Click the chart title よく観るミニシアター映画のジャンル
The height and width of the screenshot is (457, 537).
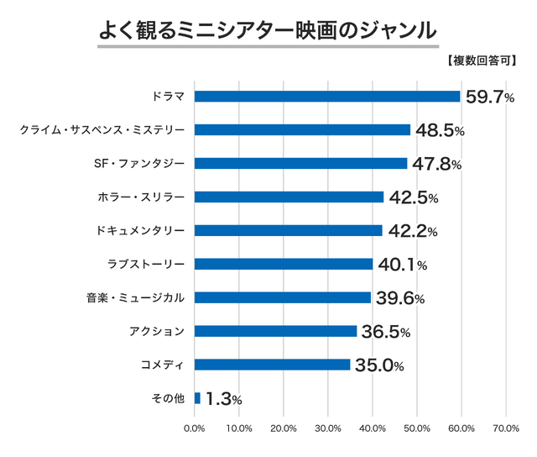268,30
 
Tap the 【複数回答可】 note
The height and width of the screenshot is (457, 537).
482,61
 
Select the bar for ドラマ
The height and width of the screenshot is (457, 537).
327,97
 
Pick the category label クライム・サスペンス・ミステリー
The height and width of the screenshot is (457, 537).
102,130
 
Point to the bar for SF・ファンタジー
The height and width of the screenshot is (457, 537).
300,164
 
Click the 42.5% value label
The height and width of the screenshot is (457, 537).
412,198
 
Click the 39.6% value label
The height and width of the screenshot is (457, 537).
400,299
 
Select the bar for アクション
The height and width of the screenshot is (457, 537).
275,331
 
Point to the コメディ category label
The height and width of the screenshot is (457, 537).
164,365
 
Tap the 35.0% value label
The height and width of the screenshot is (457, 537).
379,365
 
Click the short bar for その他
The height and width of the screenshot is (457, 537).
197,398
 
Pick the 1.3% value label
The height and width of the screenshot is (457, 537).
223,400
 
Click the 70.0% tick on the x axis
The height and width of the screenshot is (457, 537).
506,429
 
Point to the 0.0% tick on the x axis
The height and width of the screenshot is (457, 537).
194,429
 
